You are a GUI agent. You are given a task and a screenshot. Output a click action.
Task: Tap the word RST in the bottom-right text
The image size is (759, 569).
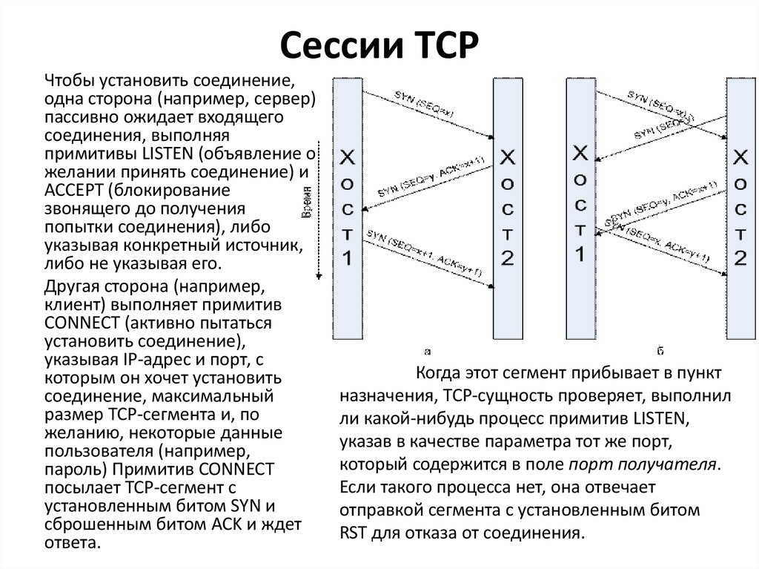(354, 532)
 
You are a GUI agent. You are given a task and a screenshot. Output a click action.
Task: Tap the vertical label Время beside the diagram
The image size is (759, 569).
(305, 203)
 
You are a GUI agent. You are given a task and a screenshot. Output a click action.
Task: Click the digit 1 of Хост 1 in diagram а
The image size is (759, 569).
(348, 258)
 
